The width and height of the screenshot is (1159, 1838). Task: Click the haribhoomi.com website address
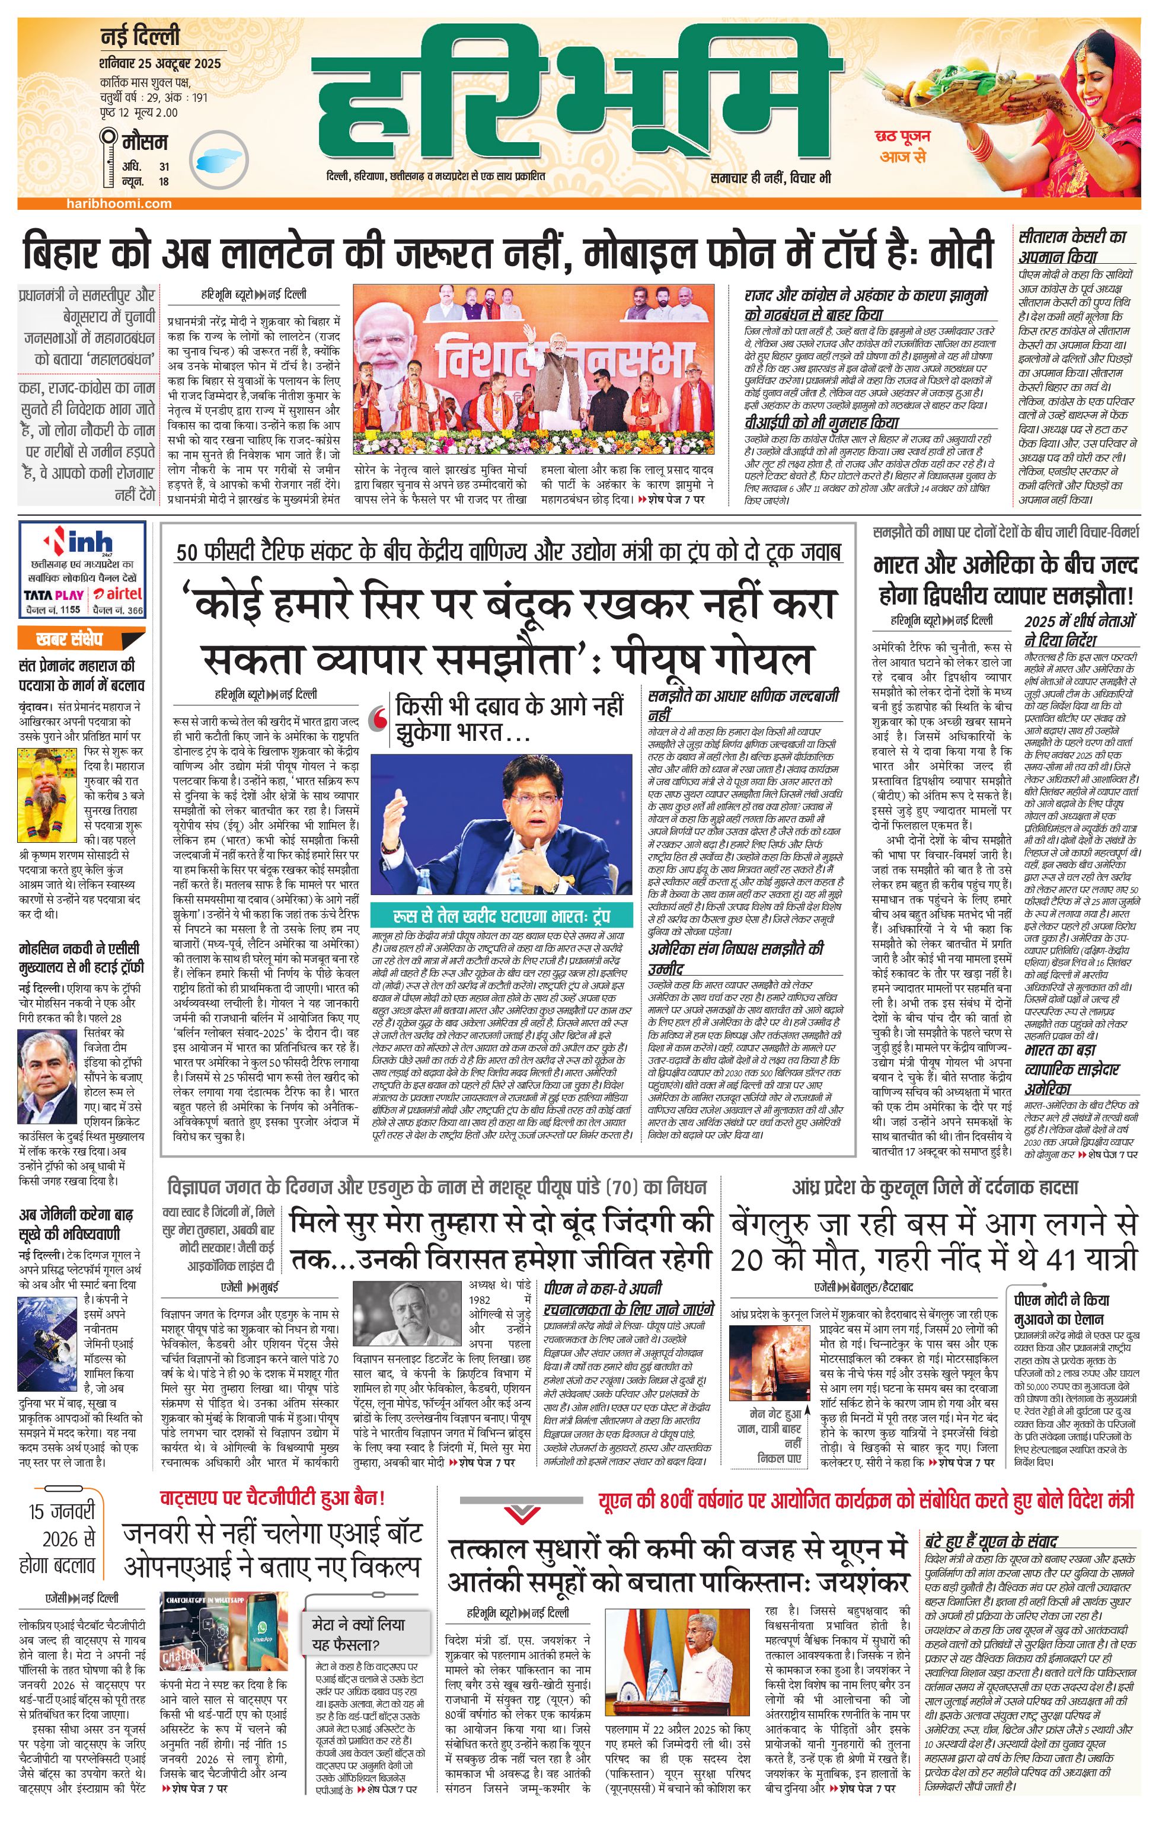tap(119, 204)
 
